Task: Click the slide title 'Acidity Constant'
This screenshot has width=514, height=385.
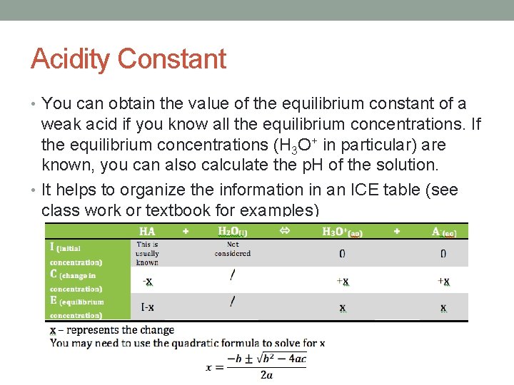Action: pos(128,58)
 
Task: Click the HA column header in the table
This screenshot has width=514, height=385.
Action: pos(147,231)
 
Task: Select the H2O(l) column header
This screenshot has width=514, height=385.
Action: pos(233,231)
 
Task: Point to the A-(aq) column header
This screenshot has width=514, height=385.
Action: pos(443,231)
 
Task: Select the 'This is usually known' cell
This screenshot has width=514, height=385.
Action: pos(147,253)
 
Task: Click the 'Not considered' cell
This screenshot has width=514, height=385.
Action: pos(233,249)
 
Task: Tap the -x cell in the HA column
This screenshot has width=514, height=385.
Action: pos(147,281)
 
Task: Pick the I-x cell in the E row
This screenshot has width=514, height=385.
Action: pos(147,307)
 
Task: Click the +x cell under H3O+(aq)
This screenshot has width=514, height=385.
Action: pos(343,281)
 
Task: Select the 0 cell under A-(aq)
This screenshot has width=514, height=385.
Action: pos(443,253)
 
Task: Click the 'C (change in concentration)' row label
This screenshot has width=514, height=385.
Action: pos(76,281)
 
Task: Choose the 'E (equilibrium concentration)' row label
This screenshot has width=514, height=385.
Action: pos(76,307)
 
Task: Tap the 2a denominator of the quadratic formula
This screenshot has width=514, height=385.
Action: pos(266,375)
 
